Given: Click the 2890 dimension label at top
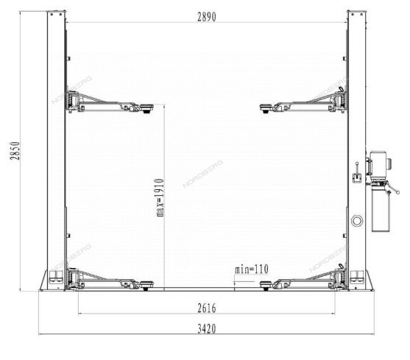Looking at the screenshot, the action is click(x=207, y=17).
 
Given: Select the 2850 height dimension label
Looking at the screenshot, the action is click(x=15, y=151).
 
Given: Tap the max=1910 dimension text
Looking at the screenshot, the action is click(x=160, y=197).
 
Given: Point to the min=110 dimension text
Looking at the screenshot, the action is click(x=252, y=269).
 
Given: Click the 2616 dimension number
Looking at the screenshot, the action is click(x=207, y=308).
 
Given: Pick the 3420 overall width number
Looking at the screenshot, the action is click(x=207, y=328).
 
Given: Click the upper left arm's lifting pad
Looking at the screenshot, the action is click(x=147, y=108).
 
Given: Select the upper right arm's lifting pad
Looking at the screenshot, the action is click(x=266, y=108).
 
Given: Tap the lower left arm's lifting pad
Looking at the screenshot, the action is click(x=146, y=285).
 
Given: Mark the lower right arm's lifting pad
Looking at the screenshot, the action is click(x=266, y=285).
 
